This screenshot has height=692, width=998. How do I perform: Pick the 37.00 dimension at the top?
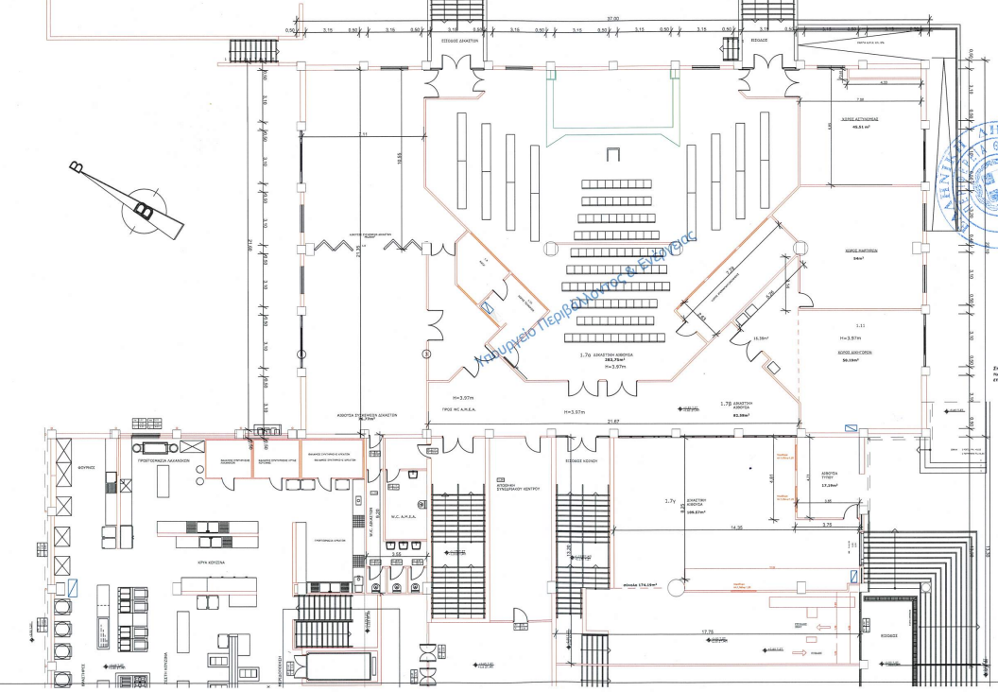coord(613,20)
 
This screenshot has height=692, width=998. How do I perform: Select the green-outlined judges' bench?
coord(613,110)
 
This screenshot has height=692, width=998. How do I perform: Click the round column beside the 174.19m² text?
coord(675,587)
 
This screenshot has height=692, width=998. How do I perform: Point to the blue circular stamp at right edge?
coord(978,180)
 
